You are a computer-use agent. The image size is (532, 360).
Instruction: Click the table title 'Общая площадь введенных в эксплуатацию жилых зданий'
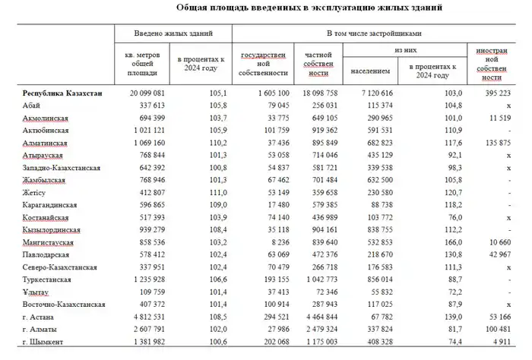pyautogui.click(x=299, y=8)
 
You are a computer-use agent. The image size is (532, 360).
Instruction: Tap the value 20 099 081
pyautogui.click(x=145, y=93)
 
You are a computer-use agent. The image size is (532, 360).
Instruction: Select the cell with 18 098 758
pyautogui.click(x=317, y=93)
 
